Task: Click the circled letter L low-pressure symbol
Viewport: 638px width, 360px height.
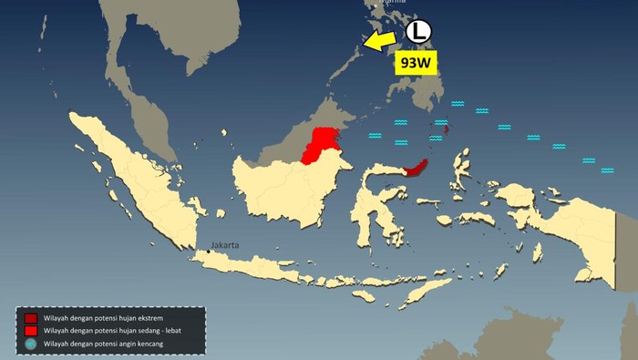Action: pyautogui.click(x=417, y=30)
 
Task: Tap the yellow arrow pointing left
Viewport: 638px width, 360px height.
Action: pyautogui.click(x=381, y=39)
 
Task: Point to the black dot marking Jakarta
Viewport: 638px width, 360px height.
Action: pyautogui.click(x=208, y=252)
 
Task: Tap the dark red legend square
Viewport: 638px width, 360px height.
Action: pyautogui.click(x=30, y=318)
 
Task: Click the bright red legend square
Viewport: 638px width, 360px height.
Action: pyautogui.click(x=30, y=331)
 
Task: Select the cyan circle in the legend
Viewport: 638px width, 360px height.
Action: pyautogui.click(x=30, y=344)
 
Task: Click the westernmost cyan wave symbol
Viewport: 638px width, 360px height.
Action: pyautogui.click(x=375, y=136)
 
